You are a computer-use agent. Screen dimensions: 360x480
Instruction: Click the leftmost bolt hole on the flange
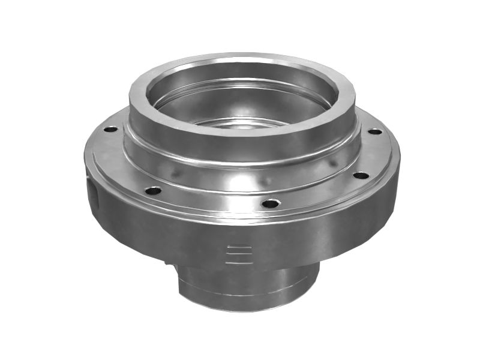pyautogui.click(x=110, y=129)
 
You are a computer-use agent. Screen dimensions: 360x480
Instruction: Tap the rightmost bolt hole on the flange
pyautogui.click(x=375, y=131)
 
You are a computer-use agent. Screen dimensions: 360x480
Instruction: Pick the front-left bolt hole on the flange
pyautogui.click(x=153, y=191)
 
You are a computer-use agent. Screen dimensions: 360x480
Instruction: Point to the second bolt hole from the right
pyautogui.click(x=361, y=176)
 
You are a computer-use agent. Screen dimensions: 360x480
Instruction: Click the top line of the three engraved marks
pyautogui.click(x=238, y=247)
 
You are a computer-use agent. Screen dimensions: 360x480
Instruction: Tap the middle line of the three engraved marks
pyautogui.click(x=238, y=254)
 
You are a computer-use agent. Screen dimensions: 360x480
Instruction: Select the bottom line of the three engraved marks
pyautogui.click(x=238, y=261)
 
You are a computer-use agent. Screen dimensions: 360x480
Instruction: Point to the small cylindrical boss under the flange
pyautogui.click(x=246, y=285)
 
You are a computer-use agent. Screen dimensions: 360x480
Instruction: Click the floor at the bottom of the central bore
pyautogui.click(x=240, y=123)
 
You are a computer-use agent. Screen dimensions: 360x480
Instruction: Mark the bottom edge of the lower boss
pyautogui.click(x=246, y=309)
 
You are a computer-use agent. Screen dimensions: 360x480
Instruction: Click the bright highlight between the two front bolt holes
pyautogui.click(x=210, y=198)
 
